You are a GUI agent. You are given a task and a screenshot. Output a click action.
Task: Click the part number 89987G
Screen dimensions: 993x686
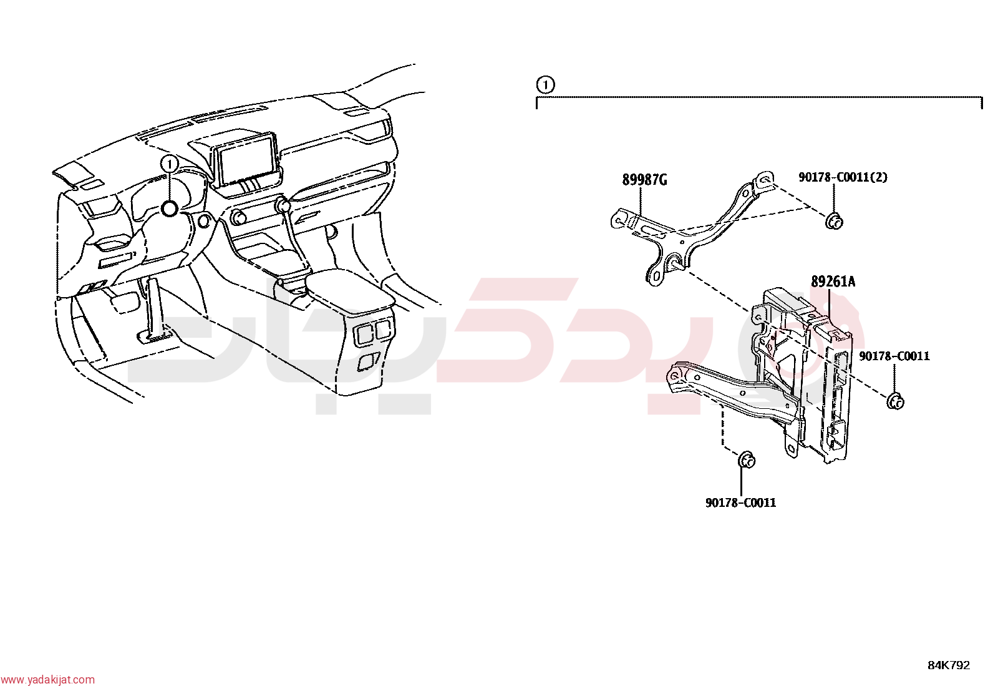tap(644, 180)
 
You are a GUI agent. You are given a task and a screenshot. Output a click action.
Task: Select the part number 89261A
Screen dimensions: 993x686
tap(833, 282)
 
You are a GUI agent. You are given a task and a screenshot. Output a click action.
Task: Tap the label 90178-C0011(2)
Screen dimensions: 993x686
tap(843, 177)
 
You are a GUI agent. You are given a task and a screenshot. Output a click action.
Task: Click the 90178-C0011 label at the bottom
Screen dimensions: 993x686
tap(741, 502)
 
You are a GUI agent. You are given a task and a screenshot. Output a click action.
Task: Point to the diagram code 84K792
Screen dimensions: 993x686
tap(949, 665)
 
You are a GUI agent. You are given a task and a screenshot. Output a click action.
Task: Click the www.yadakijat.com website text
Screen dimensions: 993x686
tap(47, 680)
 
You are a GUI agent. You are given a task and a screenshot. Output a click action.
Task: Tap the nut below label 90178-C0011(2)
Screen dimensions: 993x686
tap(834, 221)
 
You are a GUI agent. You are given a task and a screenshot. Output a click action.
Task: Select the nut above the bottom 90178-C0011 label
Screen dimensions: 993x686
tap(746, 459)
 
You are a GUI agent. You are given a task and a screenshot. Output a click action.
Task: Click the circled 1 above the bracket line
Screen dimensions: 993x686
tap(545, 84)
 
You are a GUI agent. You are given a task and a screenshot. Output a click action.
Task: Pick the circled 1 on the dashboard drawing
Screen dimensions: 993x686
tap(169, 165)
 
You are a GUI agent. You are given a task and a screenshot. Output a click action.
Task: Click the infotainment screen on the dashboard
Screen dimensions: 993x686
tap(245, 161)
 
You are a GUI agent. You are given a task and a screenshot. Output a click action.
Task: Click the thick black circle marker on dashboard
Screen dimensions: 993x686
tap(170, 208)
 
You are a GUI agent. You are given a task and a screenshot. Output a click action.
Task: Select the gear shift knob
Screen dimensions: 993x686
tap(283, 205)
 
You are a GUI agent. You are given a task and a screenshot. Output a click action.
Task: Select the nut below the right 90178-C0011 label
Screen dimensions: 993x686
tap(895, 401)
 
